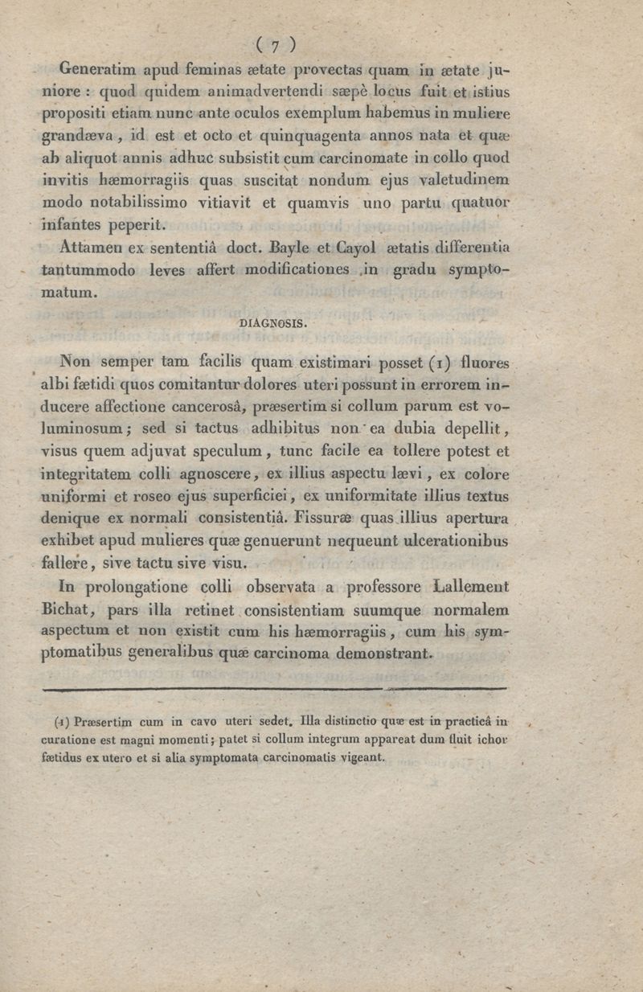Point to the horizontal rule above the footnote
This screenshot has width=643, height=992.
point(273,689)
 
